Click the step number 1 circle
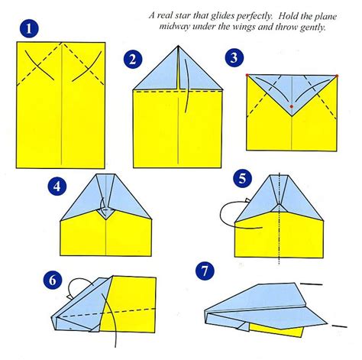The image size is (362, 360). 29,28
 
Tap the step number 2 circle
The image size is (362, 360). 133,60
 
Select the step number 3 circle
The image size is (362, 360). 234,57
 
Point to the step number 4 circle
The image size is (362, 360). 57,186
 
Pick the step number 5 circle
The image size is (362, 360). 243,178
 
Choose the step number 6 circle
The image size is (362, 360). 53,280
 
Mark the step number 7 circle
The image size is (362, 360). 205,271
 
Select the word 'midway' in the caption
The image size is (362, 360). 174,27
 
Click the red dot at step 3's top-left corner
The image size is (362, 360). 247,75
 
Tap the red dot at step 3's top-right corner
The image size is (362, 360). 337,76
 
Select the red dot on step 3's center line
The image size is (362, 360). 292,106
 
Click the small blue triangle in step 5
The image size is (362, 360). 279,209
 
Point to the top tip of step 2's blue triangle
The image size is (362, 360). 178,46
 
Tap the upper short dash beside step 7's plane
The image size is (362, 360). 312,284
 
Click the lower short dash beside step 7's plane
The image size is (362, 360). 340,326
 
